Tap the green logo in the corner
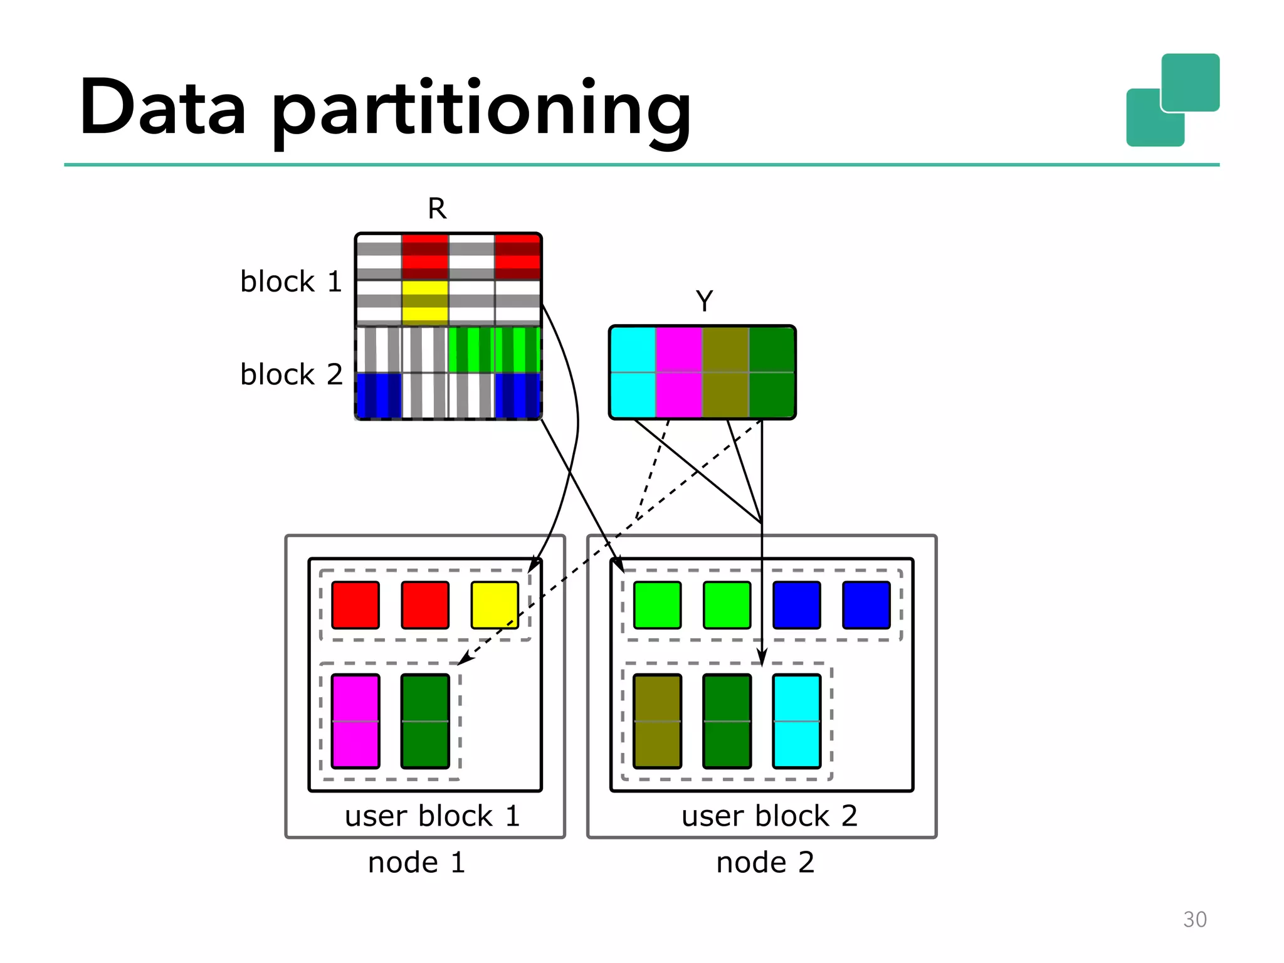click(1172, 100)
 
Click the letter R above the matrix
click(437, 208)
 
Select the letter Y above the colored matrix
click(704, 301)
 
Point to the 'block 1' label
click(291, 282)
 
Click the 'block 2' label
click(291, 374)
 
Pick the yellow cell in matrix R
click(425, 302)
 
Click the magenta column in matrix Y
click(678, 372)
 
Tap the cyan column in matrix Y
click(633, 372)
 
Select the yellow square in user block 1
click(495, 605)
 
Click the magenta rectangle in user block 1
click(355, 721)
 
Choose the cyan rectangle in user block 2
click(796, 721)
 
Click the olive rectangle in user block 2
click(657, 721)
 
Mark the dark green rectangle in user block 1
click(425, 721)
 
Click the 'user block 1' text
click(432, 816)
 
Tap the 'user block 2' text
click(769, 816)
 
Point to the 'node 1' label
click(416, 862)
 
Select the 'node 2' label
click(765, 862)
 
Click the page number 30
click(1194, 919)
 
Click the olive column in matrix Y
click(725, 372)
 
